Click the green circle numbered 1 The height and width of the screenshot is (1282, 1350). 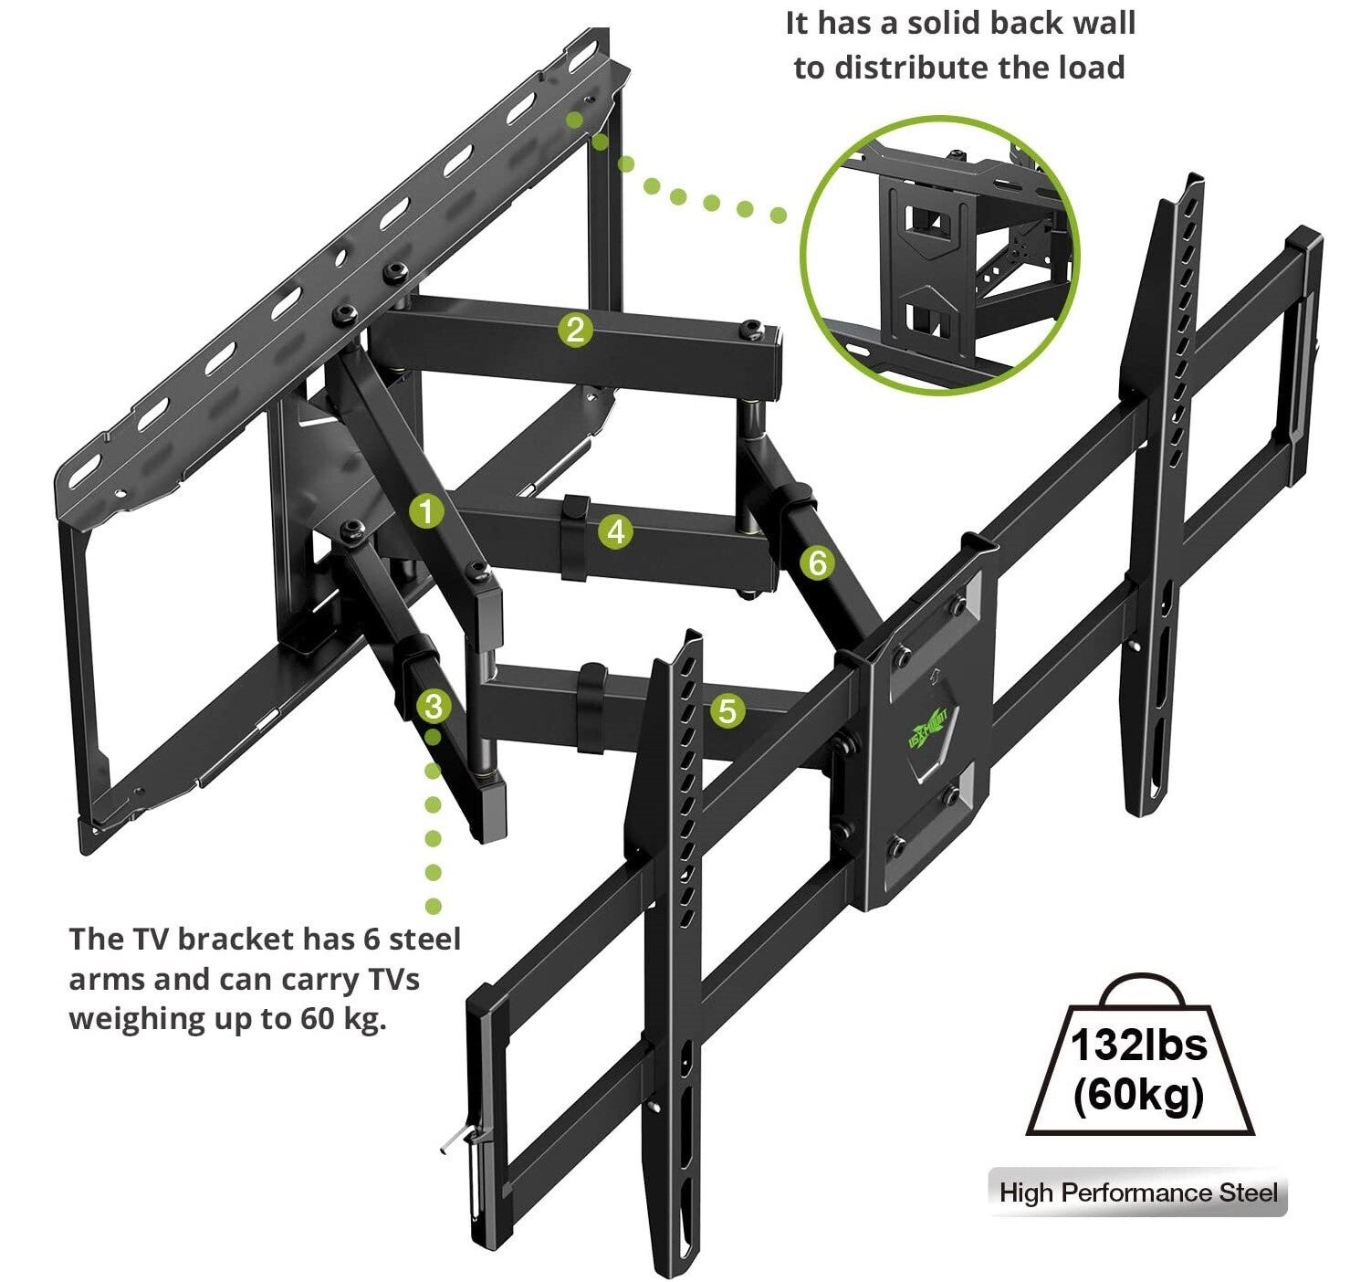(x=425, y=511)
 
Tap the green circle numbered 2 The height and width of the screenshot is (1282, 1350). (x=575, y=330)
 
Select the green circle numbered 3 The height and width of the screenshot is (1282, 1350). (x=433, y=707)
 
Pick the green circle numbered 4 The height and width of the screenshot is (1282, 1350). (x=617, y=531)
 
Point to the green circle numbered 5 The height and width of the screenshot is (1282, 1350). (x=727, y=710)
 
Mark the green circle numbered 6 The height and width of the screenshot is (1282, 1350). (x=817, y=563)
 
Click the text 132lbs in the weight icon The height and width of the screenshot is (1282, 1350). (x=1138, y=1046)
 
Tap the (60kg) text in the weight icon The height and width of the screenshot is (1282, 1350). (x=1138, y=1093)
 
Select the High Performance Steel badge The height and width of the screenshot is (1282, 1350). (x=1137, y=1193)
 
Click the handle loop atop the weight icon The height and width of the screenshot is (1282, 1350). (x=1138, y=989)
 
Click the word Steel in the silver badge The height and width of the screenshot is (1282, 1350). (x=1249, y=1193)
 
